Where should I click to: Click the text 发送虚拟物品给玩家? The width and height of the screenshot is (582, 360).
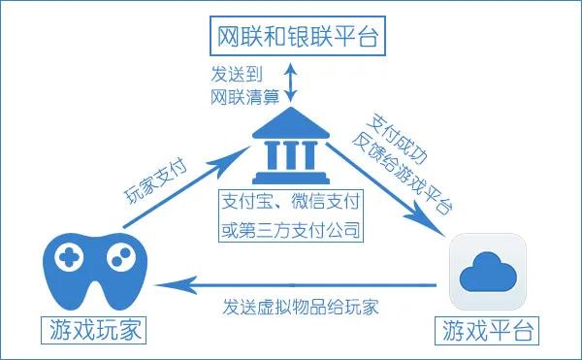298,308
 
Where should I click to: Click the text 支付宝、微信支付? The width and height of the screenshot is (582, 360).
290,205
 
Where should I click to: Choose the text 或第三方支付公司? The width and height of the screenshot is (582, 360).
290,232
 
